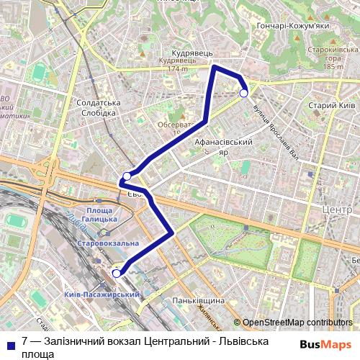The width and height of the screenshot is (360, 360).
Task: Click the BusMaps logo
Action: click(327, 343)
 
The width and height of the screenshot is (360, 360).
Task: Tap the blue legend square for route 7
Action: click(9, 343)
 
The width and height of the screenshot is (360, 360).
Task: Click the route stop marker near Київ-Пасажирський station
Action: click(117, 273)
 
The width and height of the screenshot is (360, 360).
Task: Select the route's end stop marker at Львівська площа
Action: click(243, 93)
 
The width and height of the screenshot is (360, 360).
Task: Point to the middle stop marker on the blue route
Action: click(127, 176)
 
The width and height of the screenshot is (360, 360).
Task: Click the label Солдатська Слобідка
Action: click(98, 109)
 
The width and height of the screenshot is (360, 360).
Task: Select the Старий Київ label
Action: click(331, 105)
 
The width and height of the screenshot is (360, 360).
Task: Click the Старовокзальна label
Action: click(108, 244)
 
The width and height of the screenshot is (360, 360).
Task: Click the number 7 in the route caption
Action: click(25, 340)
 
